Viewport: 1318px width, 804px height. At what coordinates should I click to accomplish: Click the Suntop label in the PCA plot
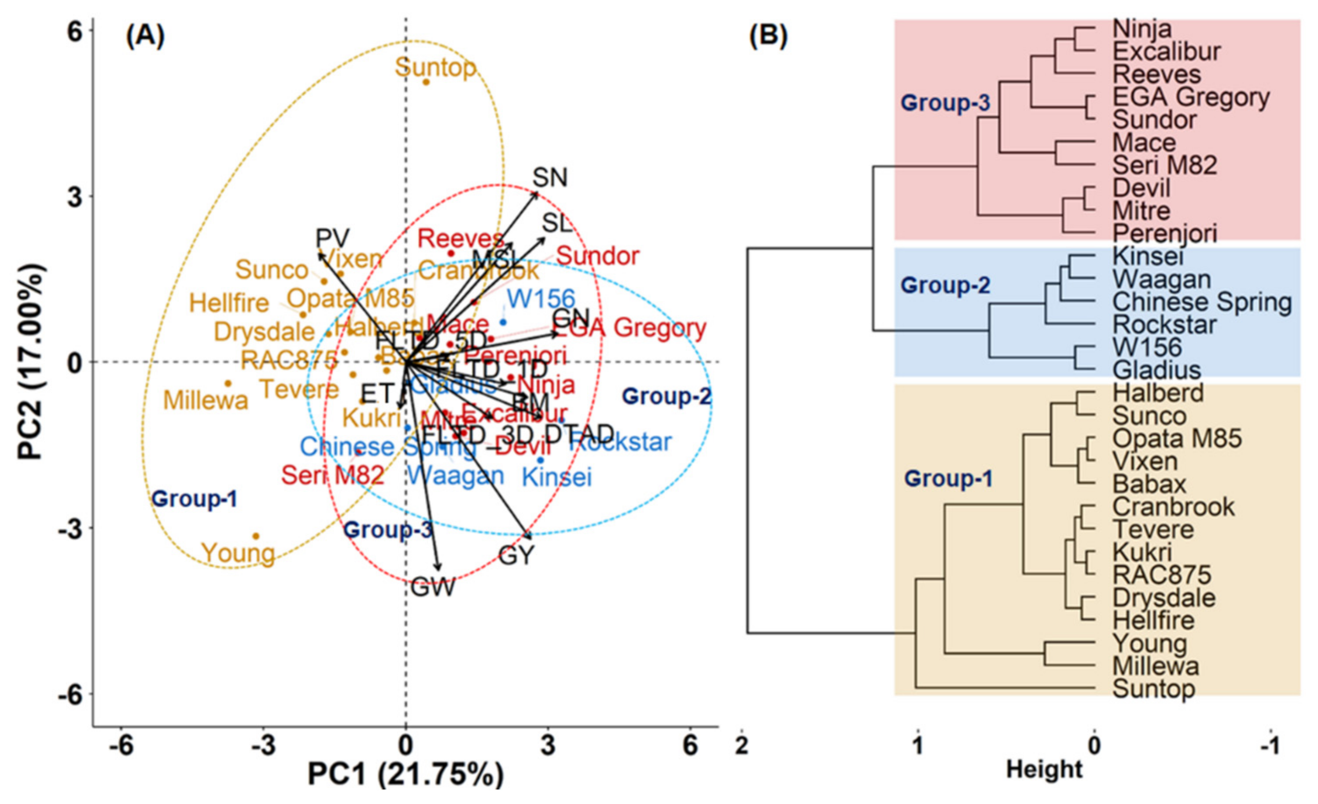(x=435, y=68)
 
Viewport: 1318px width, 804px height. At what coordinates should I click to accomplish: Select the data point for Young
(x=256, y=536)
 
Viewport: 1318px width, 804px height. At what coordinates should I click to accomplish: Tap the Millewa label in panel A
(x=206, y=400)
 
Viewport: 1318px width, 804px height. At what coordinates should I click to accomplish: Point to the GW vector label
(x=433, y=587)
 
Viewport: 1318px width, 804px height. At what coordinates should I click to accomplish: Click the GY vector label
(x=516, y=556)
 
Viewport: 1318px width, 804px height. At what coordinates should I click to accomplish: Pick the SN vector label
(x=550, y=177)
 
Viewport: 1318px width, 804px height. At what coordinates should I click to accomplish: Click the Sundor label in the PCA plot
(x=597, y=256)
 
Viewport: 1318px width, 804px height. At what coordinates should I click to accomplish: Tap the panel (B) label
(x=768, y=36)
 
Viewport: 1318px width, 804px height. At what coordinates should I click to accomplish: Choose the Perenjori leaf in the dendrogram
(x=1164, y=234)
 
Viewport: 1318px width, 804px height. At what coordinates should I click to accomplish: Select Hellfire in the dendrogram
(x=1153, y=620)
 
